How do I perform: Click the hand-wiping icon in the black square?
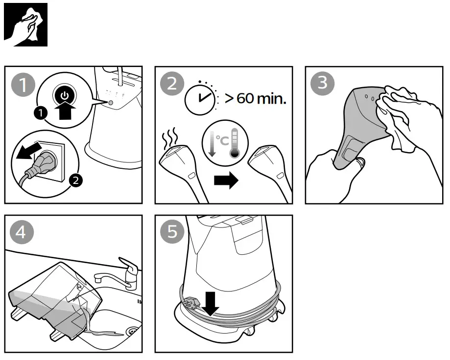pos(25,24)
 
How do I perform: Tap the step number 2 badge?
pos(171,84)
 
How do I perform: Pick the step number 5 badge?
pos(171,231)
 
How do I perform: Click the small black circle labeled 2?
pos(75,180)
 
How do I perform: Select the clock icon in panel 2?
pos(200,98)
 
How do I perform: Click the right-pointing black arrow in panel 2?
pos(226,180)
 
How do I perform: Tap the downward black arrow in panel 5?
pos(212,303)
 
